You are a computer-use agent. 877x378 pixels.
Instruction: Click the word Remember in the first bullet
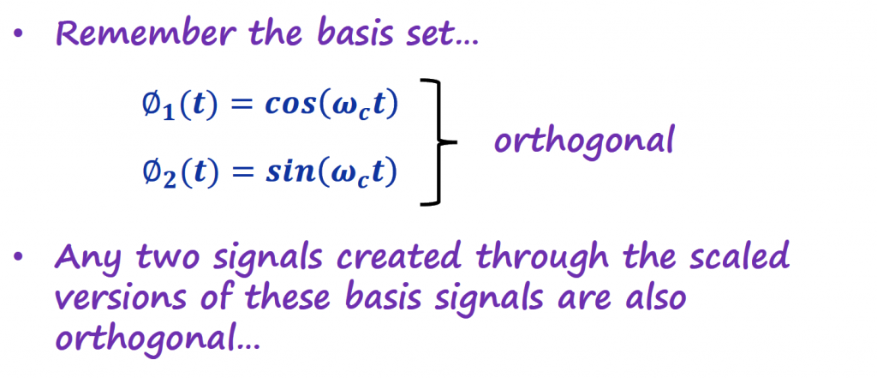[144, 35]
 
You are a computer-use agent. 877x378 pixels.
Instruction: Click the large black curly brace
[439, 142]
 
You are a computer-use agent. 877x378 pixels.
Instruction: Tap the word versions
[116, 298]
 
